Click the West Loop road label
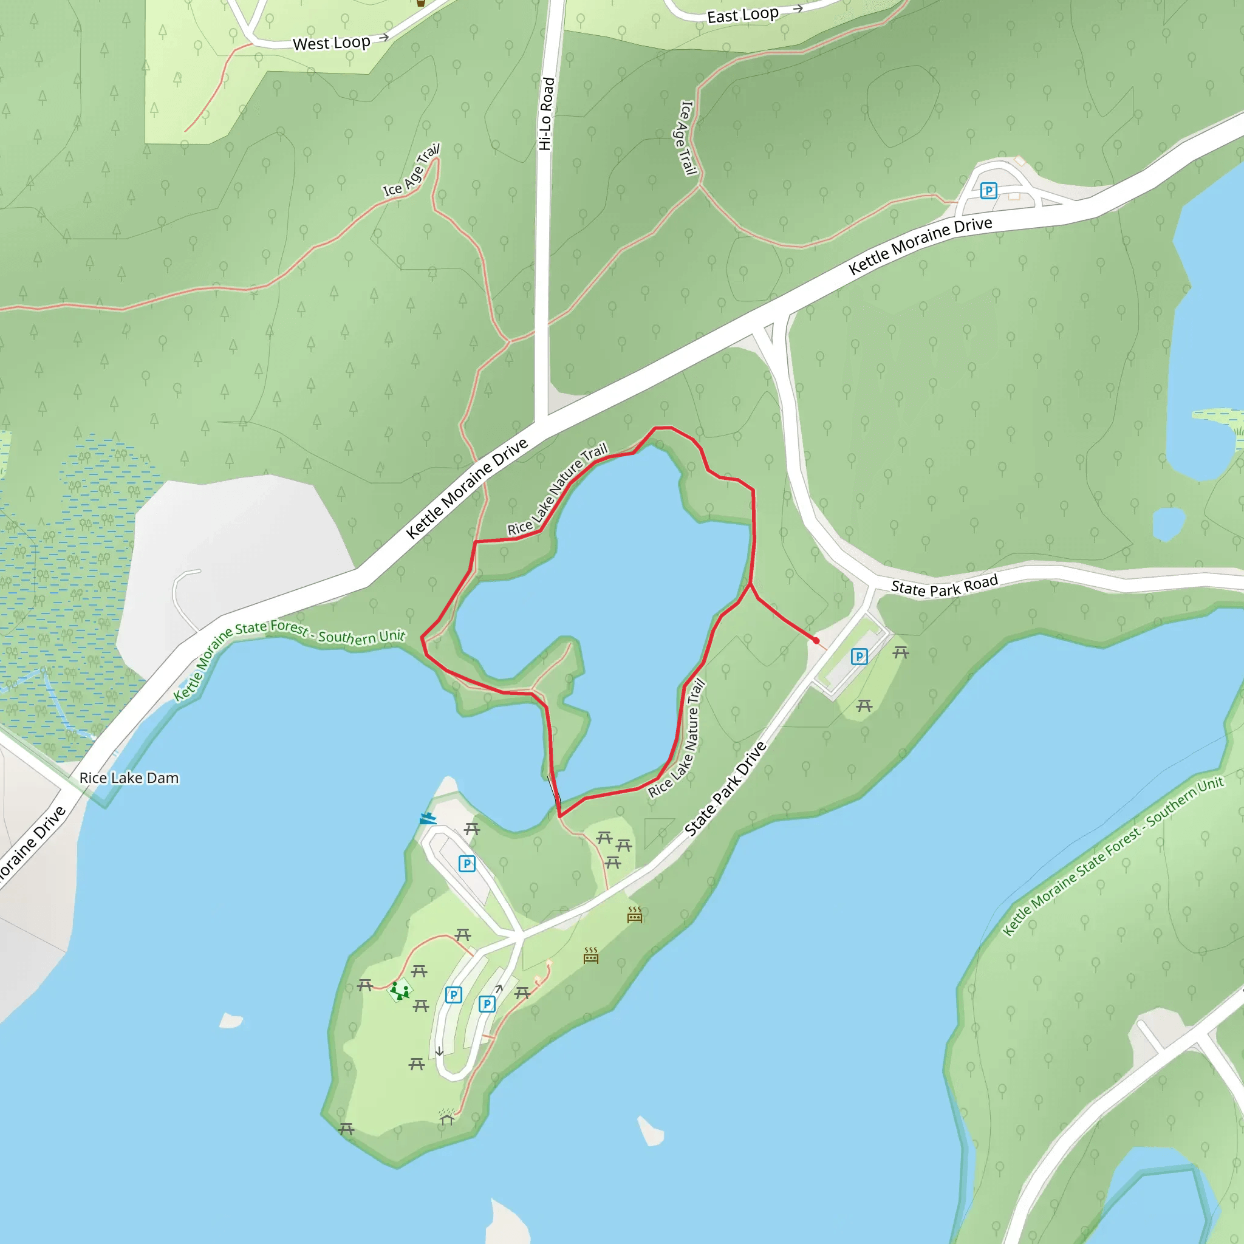331,43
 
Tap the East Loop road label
742,15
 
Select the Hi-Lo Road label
546,114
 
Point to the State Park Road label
944,586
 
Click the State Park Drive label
725,789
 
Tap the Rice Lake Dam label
129,778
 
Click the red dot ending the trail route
816,641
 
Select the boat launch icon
428,819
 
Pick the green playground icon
400,989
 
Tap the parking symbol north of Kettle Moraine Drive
988,191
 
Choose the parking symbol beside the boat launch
467,864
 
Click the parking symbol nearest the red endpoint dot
859,657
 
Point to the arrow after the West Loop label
384,37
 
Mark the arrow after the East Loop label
798,9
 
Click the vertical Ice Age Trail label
688,138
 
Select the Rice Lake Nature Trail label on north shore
557,490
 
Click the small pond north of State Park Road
1168,523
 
